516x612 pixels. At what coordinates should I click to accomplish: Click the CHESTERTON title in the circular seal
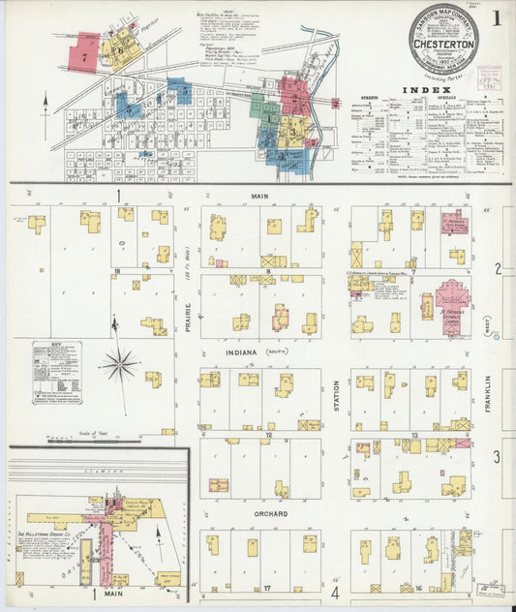click(x=442, y=44)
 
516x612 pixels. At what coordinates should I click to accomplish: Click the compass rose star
click(x=118, y=365)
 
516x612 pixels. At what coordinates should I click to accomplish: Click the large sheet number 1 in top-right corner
click(x=495, y=16)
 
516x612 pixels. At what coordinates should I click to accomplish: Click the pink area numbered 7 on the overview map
click(x=84, y=57)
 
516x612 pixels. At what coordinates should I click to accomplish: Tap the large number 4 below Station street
click(x=336, y=592)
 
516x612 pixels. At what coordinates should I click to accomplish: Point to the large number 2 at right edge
click(x=497, y=268)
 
